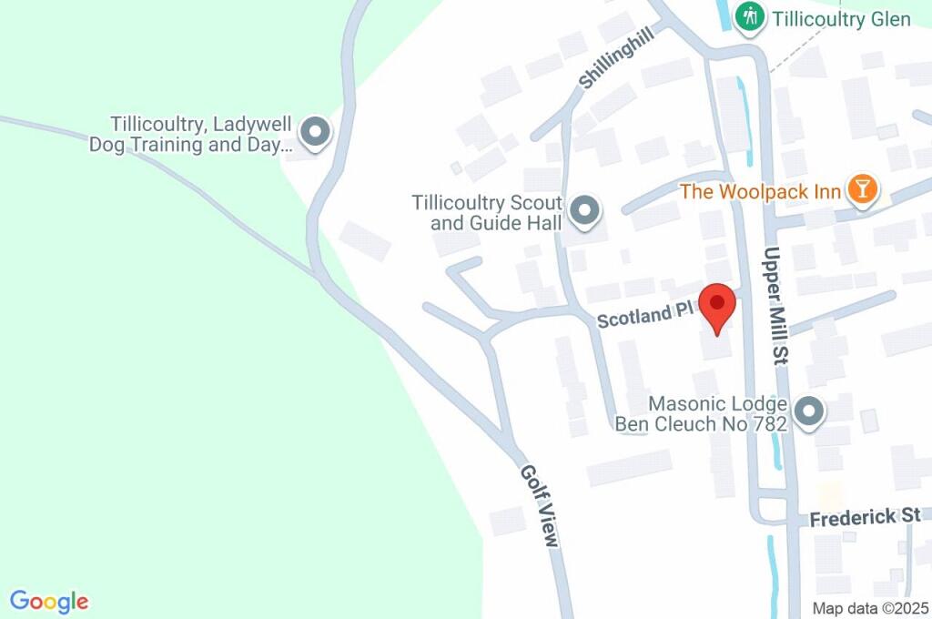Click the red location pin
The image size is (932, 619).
click(x=717, y=307)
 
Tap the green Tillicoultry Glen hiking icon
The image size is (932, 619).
click(x=749, y=17)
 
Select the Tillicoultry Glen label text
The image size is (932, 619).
click(x=841, y=18)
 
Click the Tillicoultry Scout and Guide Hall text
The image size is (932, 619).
click(x=487, y=212)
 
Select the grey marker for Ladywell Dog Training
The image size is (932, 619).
click(x=315, y=132)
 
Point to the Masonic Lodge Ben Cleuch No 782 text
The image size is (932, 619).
click(x=702, y=413)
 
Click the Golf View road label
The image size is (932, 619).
click(x=538, y=506)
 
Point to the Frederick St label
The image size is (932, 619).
click(x=865, y=517)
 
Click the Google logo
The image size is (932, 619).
click(x=49, y=602)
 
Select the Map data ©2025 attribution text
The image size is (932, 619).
click(x=870, y=608)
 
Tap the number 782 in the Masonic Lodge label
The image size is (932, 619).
click(x=766, y=423)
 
